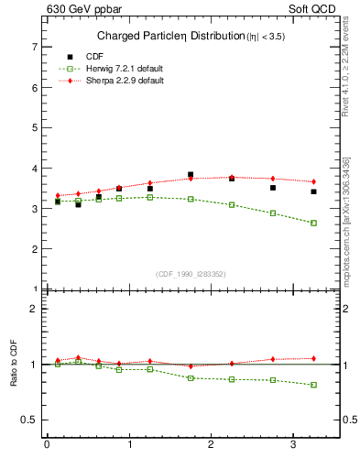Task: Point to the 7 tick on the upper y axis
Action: [x=33, y=47]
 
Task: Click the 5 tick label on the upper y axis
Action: [x=33, y=127]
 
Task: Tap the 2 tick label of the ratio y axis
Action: [x=33, y=309]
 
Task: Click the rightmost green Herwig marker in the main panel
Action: [x=313, y=223]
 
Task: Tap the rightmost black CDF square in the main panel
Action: [x=313, y=191]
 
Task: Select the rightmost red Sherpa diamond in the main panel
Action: [x=313, y=181]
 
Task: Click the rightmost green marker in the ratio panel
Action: [x=313, y=385]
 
